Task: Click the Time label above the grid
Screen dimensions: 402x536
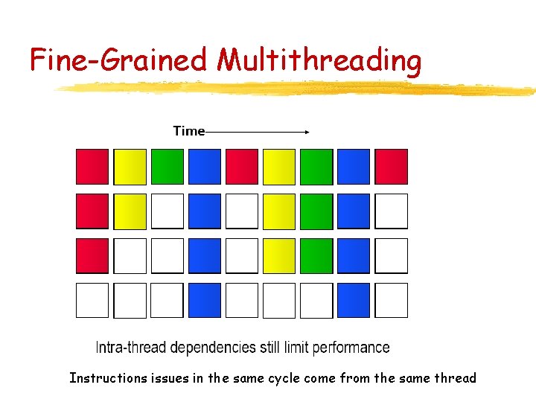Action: (x=188, y=131)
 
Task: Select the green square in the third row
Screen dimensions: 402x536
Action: (x=316, y=255)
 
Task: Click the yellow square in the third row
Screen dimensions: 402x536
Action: (x=279, y=255)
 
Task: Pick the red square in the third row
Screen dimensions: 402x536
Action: (x=92, y=255)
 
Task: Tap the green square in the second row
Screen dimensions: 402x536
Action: (x=316, y=211)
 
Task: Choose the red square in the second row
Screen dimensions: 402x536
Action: (x=92, y=211)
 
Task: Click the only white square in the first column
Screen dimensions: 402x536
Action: (x=92, y=300)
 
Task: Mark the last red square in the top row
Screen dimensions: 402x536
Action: (x=391, y=166)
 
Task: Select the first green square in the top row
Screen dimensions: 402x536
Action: (x=167, y=166)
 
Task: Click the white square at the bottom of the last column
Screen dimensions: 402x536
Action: (x=391, y=300)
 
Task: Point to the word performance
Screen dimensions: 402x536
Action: (x=351, y=348)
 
